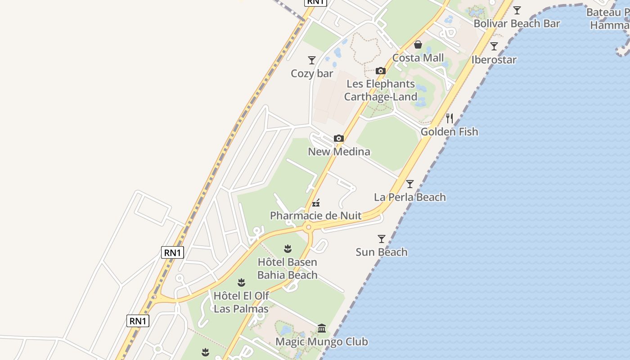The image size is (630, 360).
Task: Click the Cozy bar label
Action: [312, 73]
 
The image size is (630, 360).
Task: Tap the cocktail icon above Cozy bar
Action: [311, 60]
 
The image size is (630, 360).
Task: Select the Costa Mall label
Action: [418, 58]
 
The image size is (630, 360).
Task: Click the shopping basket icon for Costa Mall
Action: [418, 44]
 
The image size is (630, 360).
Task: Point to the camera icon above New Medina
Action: [339, 138]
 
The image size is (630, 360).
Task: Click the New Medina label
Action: [339, 152]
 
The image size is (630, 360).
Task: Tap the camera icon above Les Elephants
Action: [381, 71]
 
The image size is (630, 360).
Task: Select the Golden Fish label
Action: [449, 132]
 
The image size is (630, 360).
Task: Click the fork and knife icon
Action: [449, 118]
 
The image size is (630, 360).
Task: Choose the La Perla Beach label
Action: [410, 197]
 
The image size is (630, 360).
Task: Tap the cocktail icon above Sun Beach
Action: [382, 238]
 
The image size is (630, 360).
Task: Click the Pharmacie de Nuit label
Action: [315, 216]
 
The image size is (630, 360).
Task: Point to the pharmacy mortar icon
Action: [316, 202]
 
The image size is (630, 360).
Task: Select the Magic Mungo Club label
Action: [321, 342]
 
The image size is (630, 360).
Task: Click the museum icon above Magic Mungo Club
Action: [321, 328]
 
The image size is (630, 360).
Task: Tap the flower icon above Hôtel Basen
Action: [288, 248]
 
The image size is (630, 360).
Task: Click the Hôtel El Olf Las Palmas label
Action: [241, 302]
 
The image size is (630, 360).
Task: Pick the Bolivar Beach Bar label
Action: [517, 23]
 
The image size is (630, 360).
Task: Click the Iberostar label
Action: [494, 59]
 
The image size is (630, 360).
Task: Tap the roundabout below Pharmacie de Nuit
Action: [308, 227]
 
